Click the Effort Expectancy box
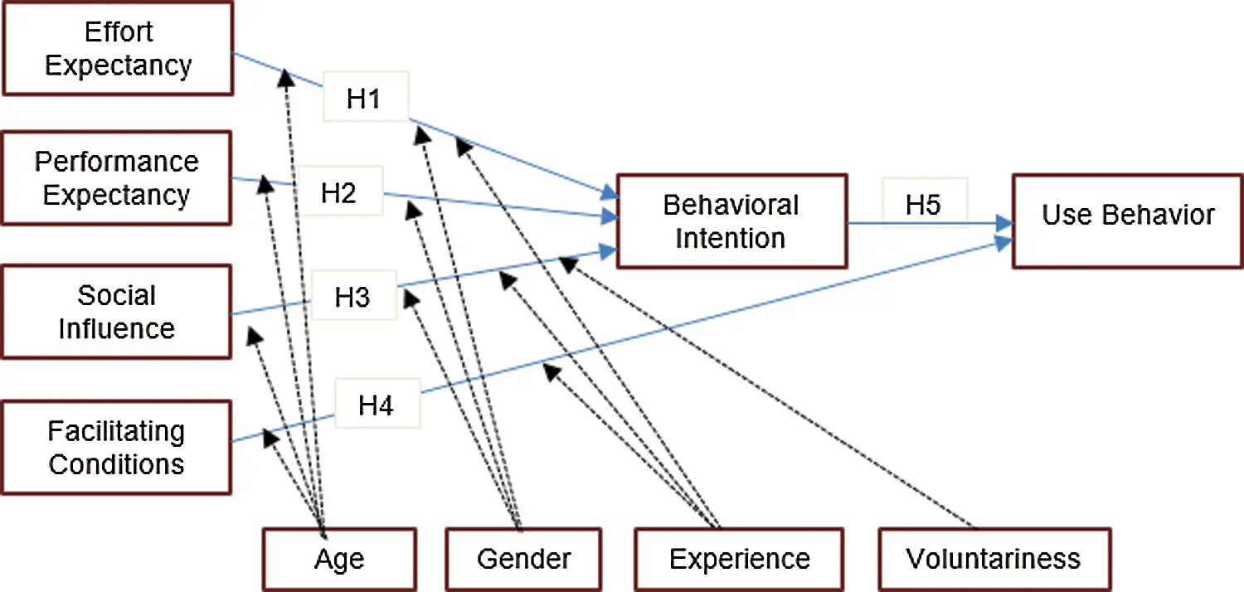(x=117, y=47)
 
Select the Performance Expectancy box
(x=117, y=177)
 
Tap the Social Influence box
(x=117, y=312)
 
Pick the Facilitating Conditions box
(x=117, y=448)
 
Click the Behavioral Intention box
(x=731, y=221)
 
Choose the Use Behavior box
(x=1128, y=219)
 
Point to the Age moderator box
(x=339, y=559)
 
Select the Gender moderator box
(x=523, y=559)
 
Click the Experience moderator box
(x=740, y=559)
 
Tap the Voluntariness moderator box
(x=994, y=559)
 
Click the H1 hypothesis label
(x=363, y=99)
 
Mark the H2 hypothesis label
(x=339, y=192)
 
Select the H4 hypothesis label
(x=376, y=405)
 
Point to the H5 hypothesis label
(x=923, y=204)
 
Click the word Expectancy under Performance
(x=117, y=196)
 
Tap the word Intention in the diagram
(x=731, y=239)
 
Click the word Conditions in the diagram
(x=117, y=464)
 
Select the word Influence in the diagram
(x=117, y=328)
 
